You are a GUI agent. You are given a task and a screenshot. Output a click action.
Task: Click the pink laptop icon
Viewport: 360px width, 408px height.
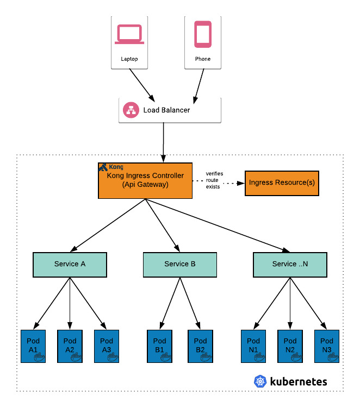(129, 34)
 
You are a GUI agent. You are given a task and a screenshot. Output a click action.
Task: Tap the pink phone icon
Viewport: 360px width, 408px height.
(203, 34)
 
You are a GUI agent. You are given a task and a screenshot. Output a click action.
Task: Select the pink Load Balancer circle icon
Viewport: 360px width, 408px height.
(131, 110)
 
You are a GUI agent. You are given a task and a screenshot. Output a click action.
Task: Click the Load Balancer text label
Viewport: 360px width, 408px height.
(167, 110)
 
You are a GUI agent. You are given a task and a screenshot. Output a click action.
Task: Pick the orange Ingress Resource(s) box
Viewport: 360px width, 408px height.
(281, 183)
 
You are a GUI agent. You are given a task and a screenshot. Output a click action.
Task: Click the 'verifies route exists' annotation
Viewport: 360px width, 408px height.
(214, 179)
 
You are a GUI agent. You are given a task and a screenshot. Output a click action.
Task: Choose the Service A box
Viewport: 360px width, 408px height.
(70, 264)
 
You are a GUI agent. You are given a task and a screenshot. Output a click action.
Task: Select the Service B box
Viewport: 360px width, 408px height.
(179, 264)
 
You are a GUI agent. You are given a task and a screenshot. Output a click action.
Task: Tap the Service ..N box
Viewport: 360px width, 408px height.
(289, 264)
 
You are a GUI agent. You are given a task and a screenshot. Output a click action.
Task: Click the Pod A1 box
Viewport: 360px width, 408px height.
(33, 346)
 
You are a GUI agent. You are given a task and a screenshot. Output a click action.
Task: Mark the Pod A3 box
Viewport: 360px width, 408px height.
(107, 346)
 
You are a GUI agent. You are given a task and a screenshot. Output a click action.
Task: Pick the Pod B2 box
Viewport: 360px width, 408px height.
(200, 346)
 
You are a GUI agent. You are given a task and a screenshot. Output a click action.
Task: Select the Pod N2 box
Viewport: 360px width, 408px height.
(289, 346)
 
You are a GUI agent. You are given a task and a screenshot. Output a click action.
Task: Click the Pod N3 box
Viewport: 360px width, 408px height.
(326, 346)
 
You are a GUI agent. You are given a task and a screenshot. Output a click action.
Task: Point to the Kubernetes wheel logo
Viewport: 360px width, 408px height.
(260, 381)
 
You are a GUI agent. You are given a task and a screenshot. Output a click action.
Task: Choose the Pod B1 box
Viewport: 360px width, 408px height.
(159, 346)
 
